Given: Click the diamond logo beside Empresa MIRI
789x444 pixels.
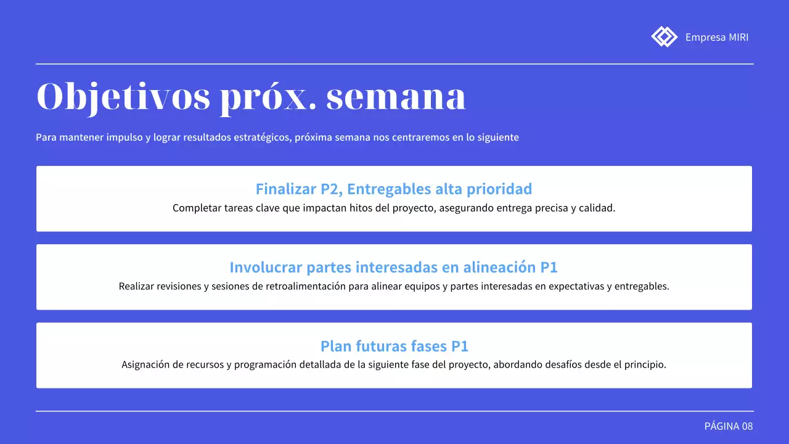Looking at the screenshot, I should tap(664, 36).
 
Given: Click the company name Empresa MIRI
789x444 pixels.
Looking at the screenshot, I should tap(717, 37).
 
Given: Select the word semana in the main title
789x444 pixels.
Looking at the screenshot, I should tap(396, 97).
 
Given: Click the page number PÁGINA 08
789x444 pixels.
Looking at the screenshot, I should tap(729, 426).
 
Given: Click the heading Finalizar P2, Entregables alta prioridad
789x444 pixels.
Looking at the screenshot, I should tap(394, 189).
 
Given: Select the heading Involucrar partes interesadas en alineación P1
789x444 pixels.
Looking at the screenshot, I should tap(394, 267).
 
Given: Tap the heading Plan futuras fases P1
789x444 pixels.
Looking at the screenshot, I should tap(394, 345).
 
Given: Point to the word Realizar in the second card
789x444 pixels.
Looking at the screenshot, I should tap(138, 287).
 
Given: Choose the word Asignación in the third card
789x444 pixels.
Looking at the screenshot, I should tap(147, 364).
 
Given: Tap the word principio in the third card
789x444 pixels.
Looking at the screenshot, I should tap(646, 364).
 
